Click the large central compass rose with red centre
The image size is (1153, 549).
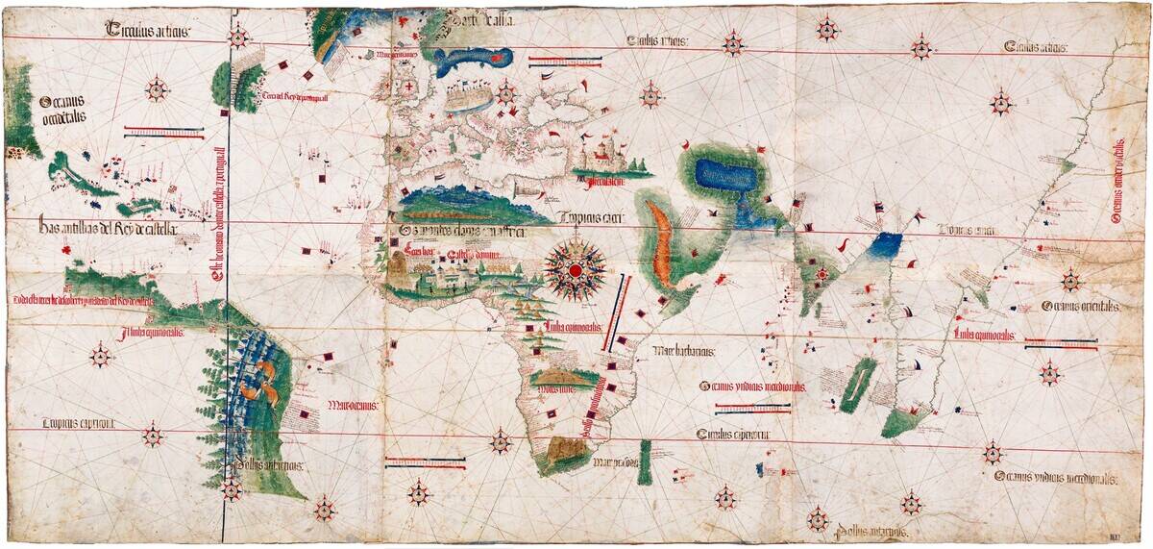click(575, 270)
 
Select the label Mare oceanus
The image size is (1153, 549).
click(353, 405)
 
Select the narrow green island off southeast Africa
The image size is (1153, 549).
click(645, 461)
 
